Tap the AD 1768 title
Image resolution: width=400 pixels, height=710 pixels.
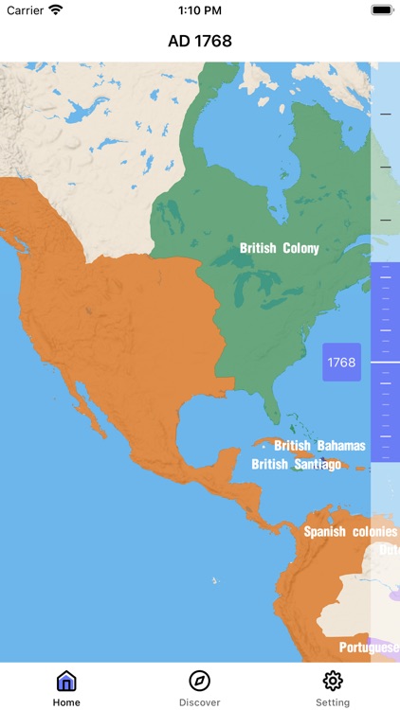pos(200,41)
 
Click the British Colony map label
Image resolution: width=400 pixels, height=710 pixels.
pos(279,248)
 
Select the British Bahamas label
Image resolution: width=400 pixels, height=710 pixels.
pos(320,445)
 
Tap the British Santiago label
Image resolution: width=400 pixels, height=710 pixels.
pos(296,464)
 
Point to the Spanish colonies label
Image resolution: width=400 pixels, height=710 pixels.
pos(350,531)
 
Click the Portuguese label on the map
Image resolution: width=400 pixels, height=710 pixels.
pos(370,648)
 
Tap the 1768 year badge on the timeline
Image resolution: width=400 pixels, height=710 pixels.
pos(341,362)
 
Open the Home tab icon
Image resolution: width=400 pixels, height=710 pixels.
pos(66,681)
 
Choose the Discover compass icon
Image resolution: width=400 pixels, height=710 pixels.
pos(200,681)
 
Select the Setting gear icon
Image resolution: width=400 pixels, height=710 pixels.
pos(333,681)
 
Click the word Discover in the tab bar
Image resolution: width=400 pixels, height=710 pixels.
pos(200,702)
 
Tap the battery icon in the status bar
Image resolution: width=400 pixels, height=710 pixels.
pos(382,9)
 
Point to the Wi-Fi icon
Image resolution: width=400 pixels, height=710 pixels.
pos(56,9)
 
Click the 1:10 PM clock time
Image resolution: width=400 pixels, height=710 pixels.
pos(200,9)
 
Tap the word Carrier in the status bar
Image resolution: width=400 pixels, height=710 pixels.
pos(26,9)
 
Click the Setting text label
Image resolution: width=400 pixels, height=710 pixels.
pos(333,702)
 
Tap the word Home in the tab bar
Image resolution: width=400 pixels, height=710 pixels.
pos(66,702)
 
